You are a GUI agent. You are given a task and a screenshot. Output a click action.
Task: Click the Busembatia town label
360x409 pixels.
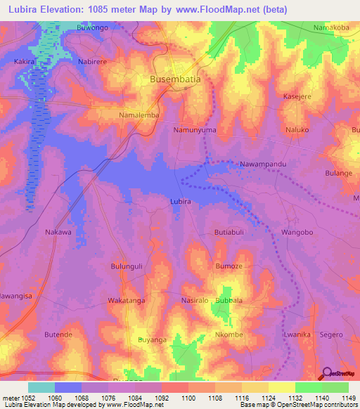click(175, 79)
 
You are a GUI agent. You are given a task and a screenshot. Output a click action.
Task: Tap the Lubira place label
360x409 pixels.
click(181, 201)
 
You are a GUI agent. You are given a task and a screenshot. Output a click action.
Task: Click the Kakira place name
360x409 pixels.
click(25, 62)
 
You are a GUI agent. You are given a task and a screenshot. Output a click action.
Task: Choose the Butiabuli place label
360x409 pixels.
click(229, 232)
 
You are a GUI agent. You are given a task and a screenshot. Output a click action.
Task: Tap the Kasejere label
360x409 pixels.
click(296, 96)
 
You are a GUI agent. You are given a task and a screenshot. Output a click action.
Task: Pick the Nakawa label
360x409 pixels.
click(58, 232)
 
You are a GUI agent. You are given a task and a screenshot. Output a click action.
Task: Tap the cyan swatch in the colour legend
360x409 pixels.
click(41, 387)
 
